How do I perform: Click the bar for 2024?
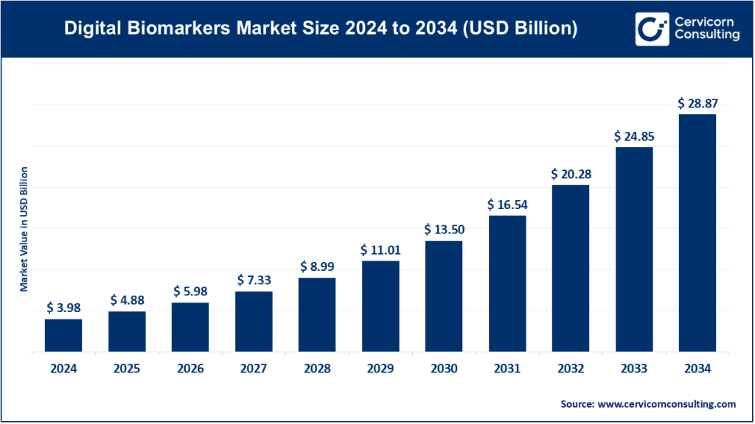(x=63, y=336)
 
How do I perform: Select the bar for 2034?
(x=697, y=233)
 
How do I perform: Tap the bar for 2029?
(x=380, y=306)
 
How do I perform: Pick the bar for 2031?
(x=507, y=283)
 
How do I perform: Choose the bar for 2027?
(x=254, y=322)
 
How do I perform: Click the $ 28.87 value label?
(x=697, y=104)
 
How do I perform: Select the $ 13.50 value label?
(x=444, y=229)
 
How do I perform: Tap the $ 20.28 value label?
(x=571, y=174)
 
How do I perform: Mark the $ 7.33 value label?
(x=254, y=280)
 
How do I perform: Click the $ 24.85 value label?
(x=633, y=136)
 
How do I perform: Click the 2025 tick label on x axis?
(x=127, y=369)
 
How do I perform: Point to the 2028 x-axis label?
(x=317, y=369)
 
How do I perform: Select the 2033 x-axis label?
(x=633, y=369)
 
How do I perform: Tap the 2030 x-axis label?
(x=444, y=369)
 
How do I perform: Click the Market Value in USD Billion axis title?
(x=24, y=228)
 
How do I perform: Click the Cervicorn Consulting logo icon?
(x=651, y=29)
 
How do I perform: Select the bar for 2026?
(x=190, y=328)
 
